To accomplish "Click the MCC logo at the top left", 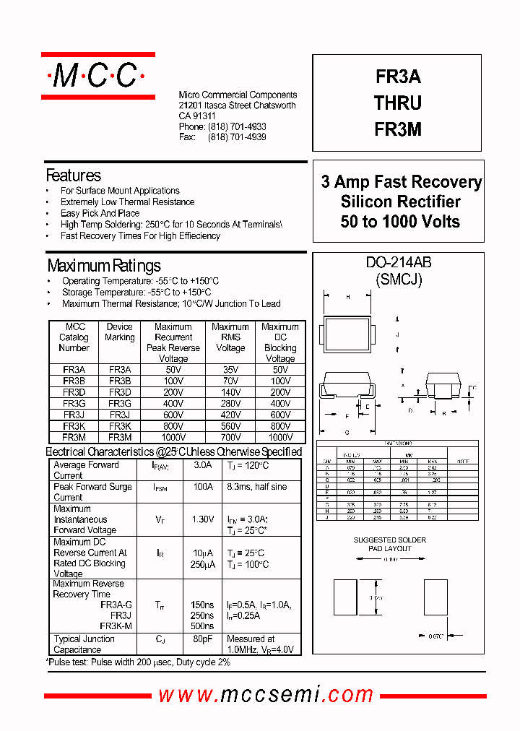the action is [97, 75].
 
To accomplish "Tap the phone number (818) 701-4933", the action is [237, 126].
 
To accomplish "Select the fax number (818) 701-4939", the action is [237, 137].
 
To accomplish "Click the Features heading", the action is [73, 176].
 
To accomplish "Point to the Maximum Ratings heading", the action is [103, 266].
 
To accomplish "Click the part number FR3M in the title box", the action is [398, 129].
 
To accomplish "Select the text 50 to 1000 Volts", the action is [400, 222].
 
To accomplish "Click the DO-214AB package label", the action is [399, 264].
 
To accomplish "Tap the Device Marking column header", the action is [120, 332].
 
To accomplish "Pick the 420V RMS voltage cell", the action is [230, 415].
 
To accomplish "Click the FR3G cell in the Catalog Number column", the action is [74, 403].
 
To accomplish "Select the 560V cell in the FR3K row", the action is [230, 426].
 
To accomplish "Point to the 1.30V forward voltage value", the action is [202, 519].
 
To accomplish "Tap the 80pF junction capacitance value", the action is [202, 639].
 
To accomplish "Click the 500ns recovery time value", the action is [202, 626].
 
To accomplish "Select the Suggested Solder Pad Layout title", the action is [390, 544].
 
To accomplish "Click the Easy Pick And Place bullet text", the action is [100, 213].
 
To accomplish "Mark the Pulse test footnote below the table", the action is [139, 662].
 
